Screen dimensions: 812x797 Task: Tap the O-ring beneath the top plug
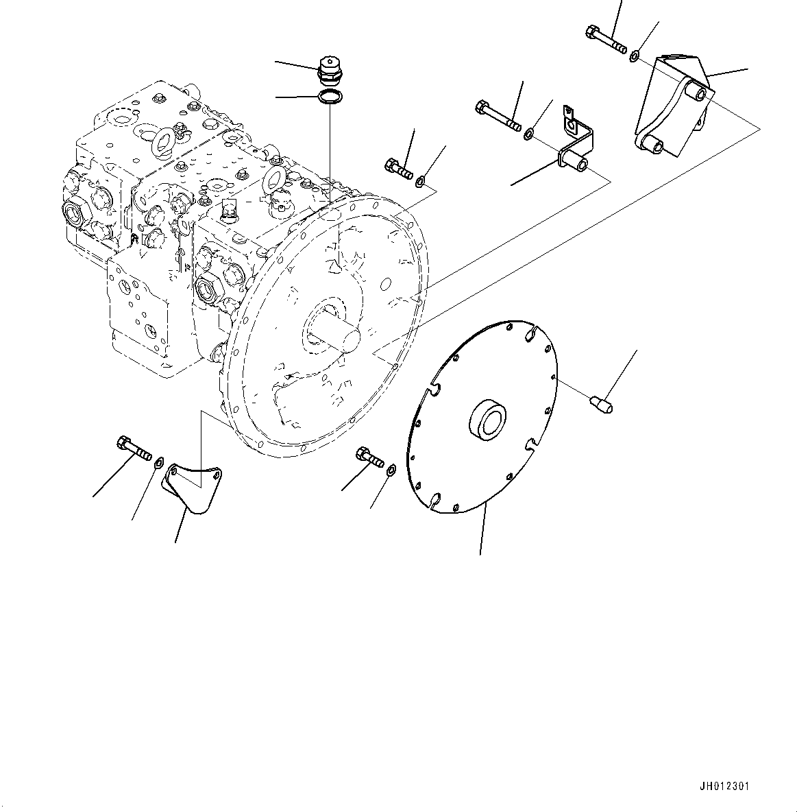coord(330,97)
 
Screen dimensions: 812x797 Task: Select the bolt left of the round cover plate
coord(369,457)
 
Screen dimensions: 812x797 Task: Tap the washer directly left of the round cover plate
coord(391,470)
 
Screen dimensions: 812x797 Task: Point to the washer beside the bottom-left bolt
coord(159,460)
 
